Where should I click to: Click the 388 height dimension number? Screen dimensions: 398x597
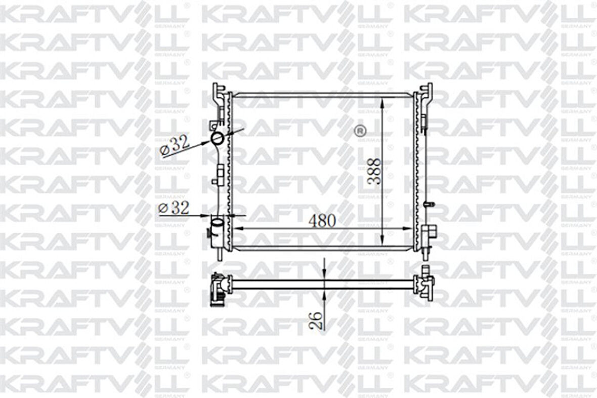click(x=375, y=172)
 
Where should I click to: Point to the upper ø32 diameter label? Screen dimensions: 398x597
click(x=175, y=145)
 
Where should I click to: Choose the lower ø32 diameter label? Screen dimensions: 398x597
click(x=175, y=208)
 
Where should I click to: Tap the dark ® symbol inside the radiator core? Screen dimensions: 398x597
click(x=360, y=131)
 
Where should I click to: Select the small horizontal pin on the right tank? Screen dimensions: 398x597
click(x=430, y=204)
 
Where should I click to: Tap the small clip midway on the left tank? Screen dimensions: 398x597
click(x=220, y=175)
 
